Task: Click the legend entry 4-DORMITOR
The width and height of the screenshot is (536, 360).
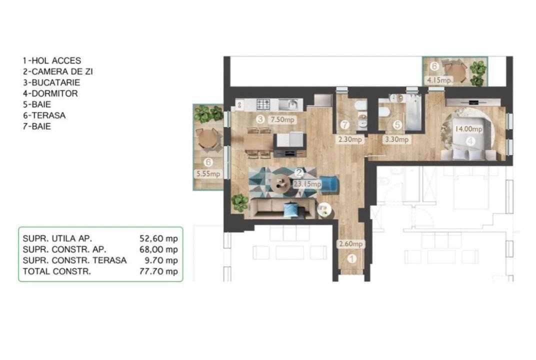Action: click(50, 93)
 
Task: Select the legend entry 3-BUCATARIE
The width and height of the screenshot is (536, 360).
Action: click(51, 82)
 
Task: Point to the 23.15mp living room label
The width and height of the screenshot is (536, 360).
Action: click(307, 183)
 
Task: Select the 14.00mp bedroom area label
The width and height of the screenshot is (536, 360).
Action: click(468, 129)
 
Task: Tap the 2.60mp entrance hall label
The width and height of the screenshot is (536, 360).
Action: click(350, 244)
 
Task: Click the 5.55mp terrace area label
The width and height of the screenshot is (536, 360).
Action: click(208, 174)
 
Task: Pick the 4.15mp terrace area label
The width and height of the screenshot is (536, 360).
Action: click(438, 80)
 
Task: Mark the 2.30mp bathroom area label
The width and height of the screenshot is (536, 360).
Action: click(350, 140)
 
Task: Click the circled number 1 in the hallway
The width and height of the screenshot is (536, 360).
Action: click(351, 259)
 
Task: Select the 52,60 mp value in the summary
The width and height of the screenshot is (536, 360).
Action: click(158, 238)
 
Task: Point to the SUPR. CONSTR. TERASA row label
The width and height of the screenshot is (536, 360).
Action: click(74, 260)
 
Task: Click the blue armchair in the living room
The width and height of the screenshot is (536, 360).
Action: click(328, 184)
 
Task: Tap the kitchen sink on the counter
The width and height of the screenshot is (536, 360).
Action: click(288, 104)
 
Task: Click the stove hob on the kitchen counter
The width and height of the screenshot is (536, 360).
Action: click(263, 104)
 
